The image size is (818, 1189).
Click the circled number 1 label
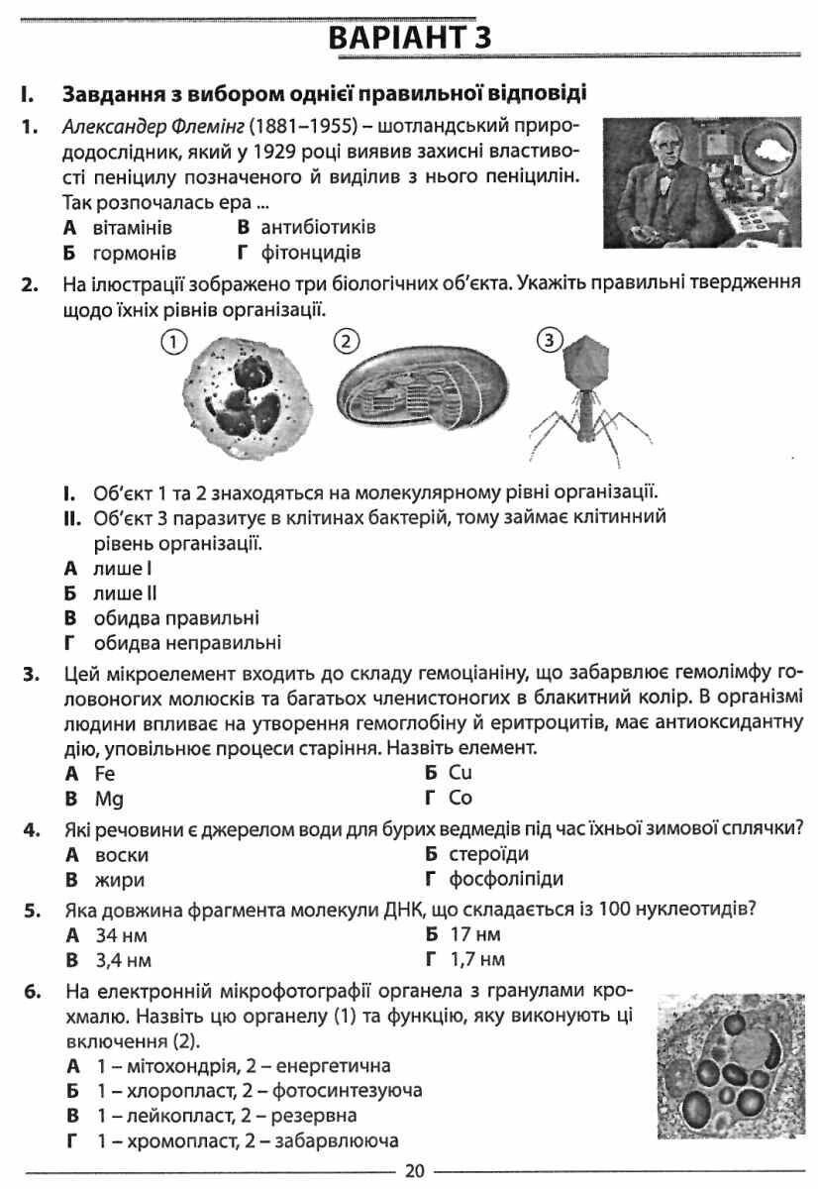(x=173, y=342)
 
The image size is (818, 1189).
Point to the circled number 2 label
(x=345, y=342)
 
